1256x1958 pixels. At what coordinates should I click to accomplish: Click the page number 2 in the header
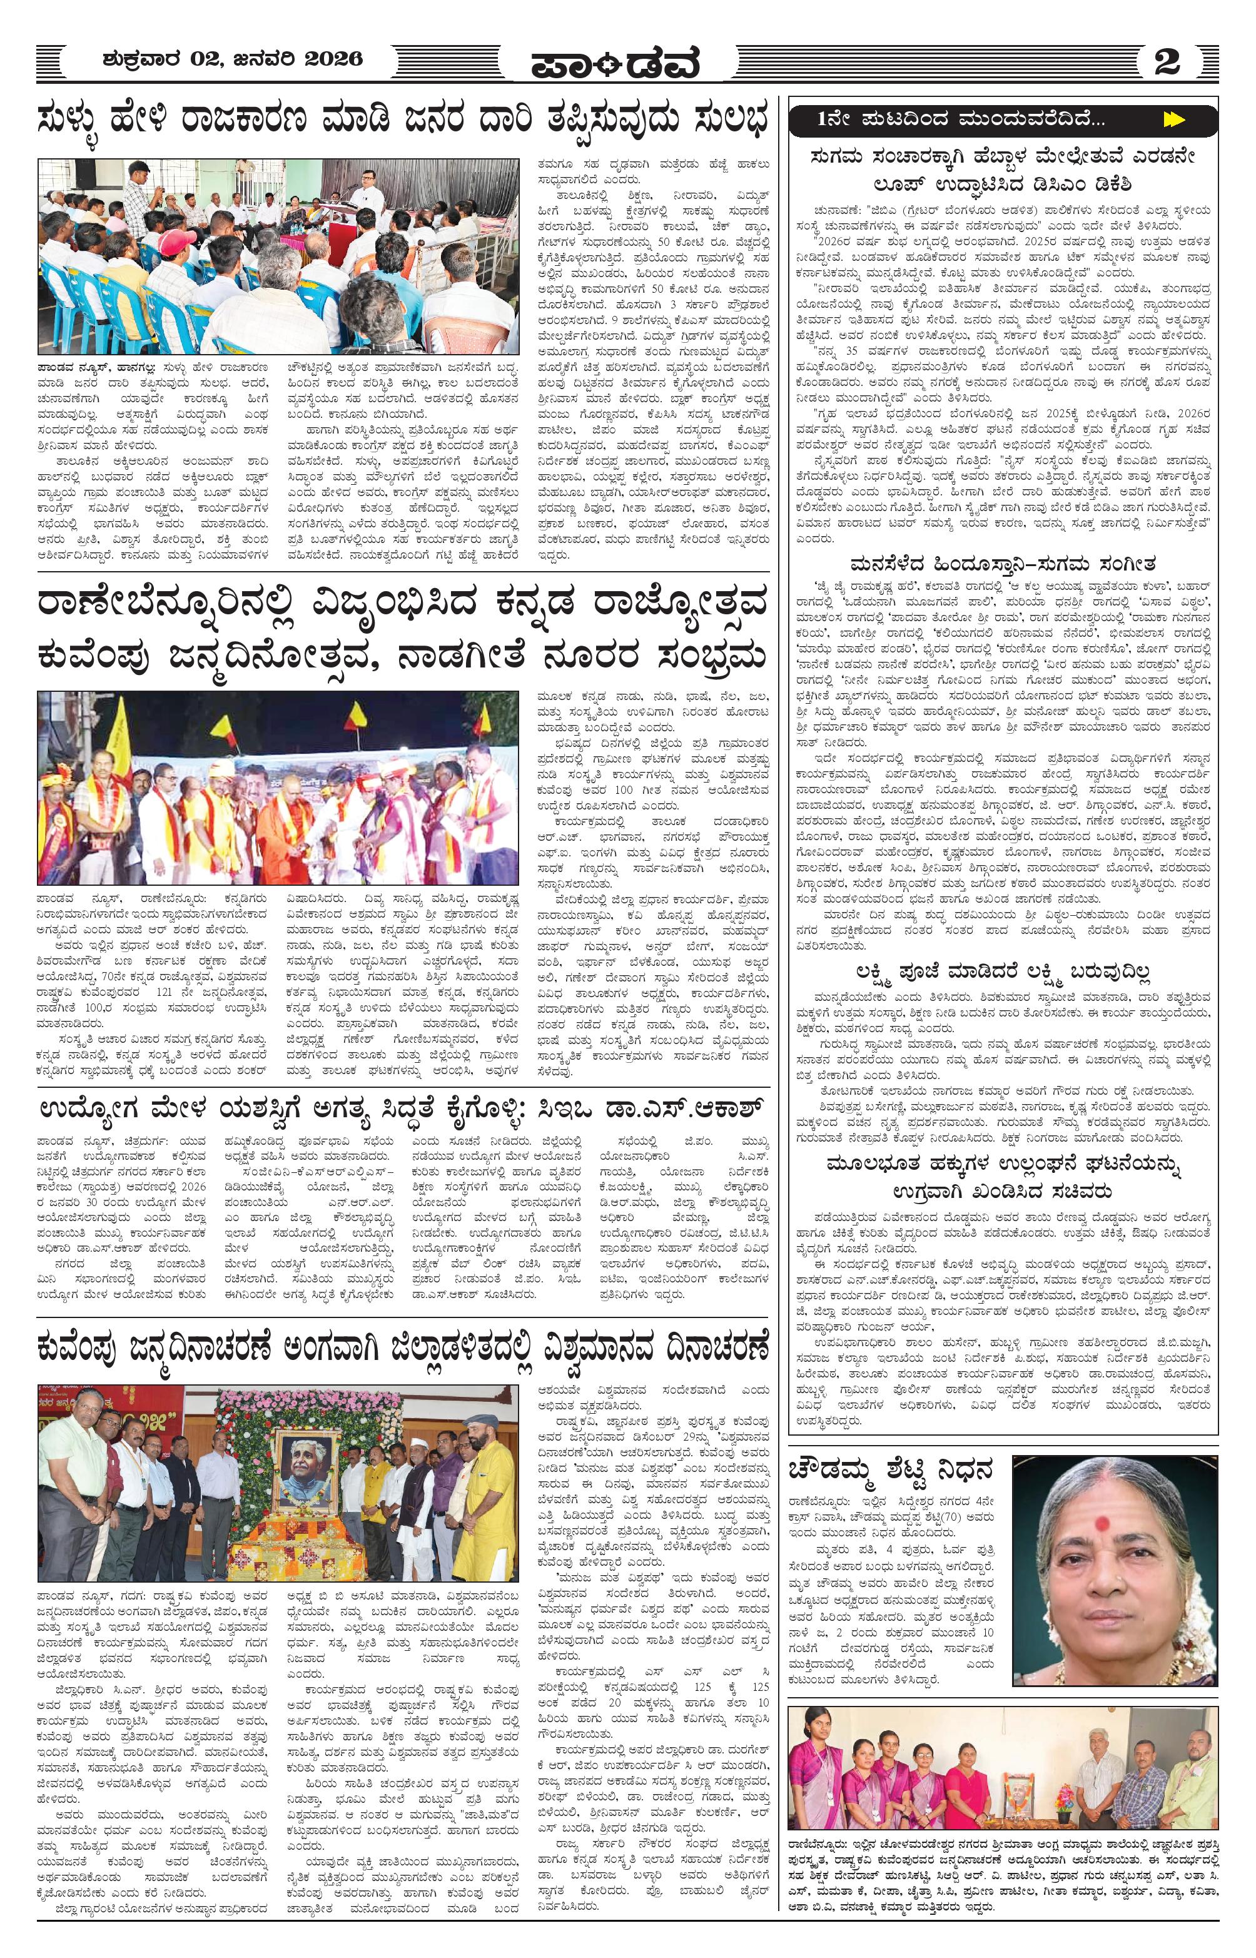point(1167,61)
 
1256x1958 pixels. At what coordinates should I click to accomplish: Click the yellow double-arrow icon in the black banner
point(1173,120)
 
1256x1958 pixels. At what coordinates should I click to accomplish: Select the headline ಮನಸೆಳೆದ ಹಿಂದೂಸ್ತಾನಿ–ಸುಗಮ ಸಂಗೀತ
point(1003,564)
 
